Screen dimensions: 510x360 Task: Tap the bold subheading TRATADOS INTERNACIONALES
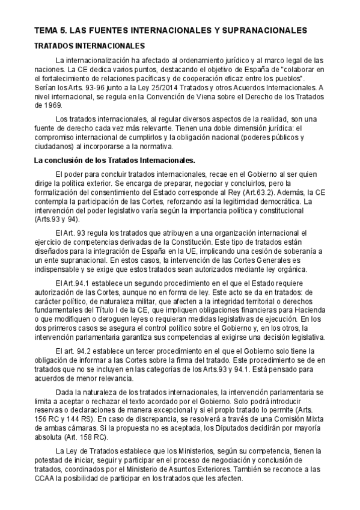pos(90,46)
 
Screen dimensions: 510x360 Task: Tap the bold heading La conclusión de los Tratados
pos(114,161)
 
